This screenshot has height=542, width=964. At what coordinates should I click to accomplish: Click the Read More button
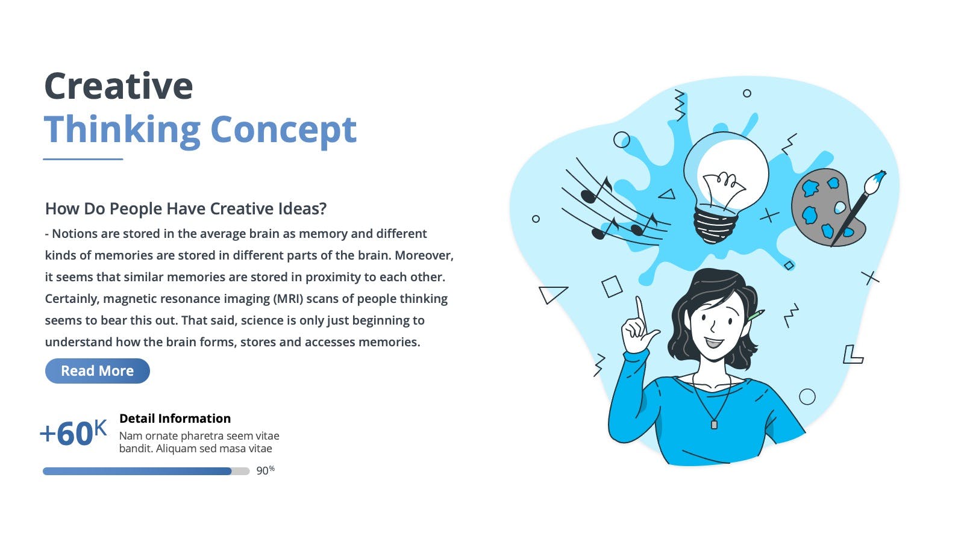[x=97, y=371]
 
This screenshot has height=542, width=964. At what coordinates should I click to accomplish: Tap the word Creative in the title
[x=118, y=86]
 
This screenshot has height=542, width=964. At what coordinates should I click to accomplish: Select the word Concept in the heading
[x=284, y=130]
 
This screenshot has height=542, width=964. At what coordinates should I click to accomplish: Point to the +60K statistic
[x=73, y=433]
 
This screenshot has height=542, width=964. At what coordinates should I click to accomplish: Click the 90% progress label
[x=265, y=470]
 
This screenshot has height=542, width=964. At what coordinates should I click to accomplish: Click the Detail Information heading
[x=175, y=419]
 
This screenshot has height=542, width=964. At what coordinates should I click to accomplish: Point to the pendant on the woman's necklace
[x=714, y=425]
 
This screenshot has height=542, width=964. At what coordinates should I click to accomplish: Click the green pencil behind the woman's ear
[x=756, y=315]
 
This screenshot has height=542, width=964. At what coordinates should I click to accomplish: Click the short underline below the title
[x=83, y=159]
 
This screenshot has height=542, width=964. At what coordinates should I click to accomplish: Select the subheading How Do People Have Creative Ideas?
[x=186, y=208]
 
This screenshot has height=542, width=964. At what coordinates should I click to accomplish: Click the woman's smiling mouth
[x=715, y=343]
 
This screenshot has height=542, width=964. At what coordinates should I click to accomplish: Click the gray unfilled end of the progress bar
[x=240, y=471]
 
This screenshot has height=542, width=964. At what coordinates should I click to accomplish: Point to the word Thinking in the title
[x=122, y=130]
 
